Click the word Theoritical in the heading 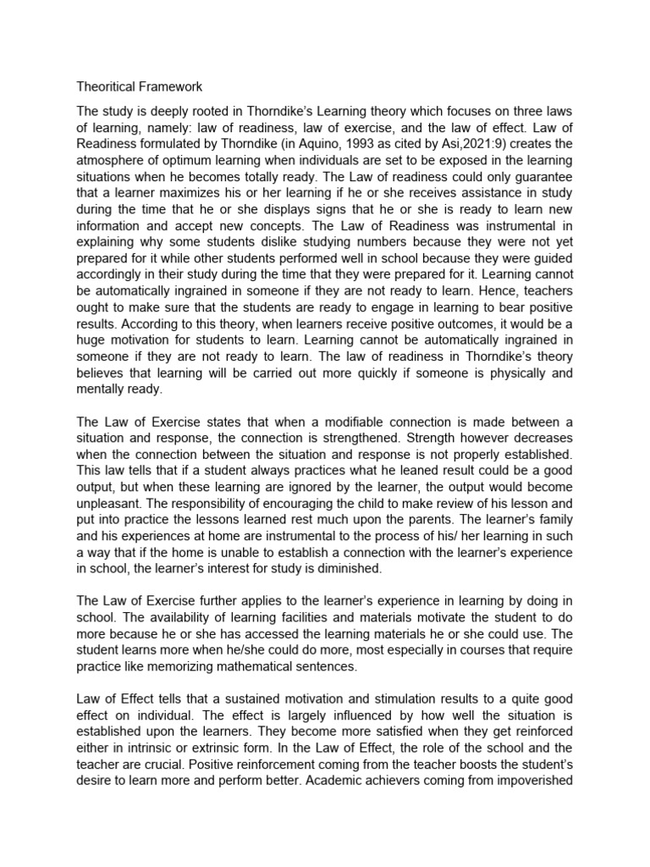pyautogui.click(x=105, y=86)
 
